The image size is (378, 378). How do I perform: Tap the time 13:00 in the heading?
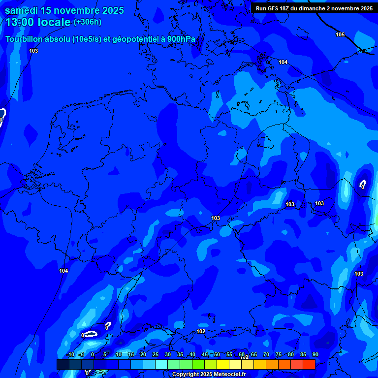[x=20, y=22]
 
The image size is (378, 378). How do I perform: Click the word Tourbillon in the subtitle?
[x=25, y=39]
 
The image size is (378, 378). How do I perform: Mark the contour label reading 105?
[x=340, y=34]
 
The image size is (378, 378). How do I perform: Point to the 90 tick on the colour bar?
[x=315, y=355]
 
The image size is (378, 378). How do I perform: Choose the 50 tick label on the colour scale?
[x=217, y=355]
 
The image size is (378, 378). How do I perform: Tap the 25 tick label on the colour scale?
[x=156, y=355]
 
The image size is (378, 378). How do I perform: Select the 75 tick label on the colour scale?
[x=279, y=355]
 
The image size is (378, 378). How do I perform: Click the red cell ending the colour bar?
[x=309, y=364]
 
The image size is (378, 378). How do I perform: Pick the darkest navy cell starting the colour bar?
[x=63, y=364]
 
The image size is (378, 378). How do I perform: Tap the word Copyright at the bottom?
[x=186, y=375]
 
